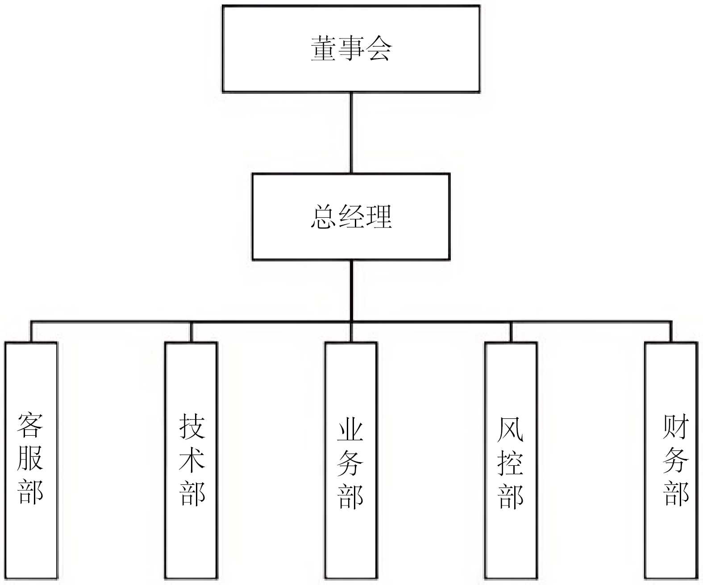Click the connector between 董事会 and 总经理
click(x=351, y=133)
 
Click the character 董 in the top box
click(x=323, y=49)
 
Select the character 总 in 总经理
click(x=323, y=217)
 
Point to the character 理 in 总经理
click(x=379, y=217)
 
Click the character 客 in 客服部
click(x=30, y=425)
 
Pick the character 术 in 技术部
click(x=192, y=460)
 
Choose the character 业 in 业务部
click(x=350, y=429)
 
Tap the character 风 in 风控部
click(x=510, y=429)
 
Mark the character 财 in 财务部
click(x=676, y=427)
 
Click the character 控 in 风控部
click(x=510, y=463)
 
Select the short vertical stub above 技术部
click(x=191, y=332)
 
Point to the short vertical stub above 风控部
click(x=511, y=332)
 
